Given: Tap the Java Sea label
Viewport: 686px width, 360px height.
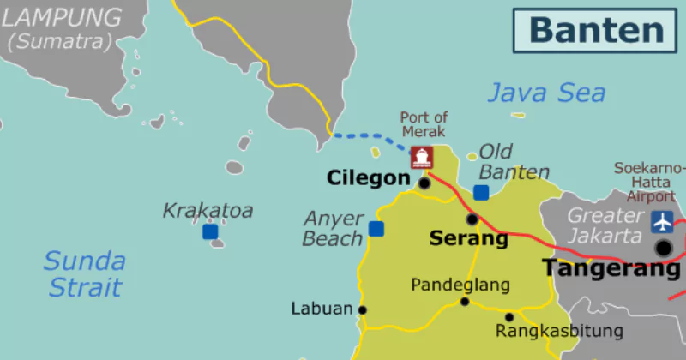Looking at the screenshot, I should click(546, 93).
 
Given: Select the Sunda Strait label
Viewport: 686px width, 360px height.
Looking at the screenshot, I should click(83, 273).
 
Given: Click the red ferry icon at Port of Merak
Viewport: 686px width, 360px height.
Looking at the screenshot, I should click(421, 157).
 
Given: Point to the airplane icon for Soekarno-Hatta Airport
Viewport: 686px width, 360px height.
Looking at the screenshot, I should click(662, 221).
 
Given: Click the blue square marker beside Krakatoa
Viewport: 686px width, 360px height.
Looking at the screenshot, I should click(210, 231).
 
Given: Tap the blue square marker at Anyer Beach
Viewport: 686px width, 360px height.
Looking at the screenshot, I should click(376, 228).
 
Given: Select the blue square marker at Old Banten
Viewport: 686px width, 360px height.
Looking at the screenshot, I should click(481, 193).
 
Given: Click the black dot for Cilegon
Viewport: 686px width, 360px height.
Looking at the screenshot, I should click(424, 183).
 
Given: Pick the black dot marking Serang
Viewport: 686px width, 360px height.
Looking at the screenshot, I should click(472, 219).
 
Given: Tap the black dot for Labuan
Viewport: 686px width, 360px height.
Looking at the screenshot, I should click(363, 310).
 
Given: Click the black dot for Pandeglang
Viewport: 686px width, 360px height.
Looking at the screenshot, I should click(465, 302).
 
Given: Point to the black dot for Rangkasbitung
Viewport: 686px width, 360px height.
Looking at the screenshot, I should click(508, 317).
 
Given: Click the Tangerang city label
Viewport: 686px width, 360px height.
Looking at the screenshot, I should click(610, 268).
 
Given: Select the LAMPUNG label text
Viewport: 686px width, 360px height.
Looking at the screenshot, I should click(62, 17).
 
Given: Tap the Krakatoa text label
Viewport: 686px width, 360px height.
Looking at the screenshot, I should click(208, 210).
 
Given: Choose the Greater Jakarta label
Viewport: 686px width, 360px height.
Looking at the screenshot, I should click(605, 225).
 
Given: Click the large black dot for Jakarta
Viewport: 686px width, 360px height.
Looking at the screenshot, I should click(664, 248).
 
